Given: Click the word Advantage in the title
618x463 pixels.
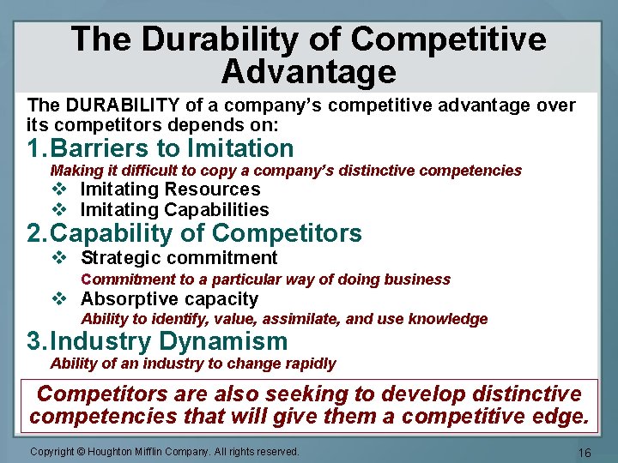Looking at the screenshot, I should point(308,72).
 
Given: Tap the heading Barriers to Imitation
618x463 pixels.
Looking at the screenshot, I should point(172,148).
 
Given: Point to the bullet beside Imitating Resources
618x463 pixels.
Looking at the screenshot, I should point(58,189).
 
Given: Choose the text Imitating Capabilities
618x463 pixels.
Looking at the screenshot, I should point(174,210).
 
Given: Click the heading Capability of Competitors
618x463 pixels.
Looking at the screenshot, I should point(206,233).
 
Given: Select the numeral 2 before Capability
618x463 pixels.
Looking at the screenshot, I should point(35,233).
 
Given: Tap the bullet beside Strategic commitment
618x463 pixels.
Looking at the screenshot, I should point(58,258).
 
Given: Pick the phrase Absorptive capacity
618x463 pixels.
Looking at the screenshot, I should point(169,299).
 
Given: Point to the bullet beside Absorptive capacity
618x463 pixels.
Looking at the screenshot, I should point(58,299).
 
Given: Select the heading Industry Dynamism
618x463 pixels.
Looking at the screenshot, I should point(169,341).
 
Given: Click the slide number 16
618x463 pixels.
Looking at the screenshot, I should point(585,452).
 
